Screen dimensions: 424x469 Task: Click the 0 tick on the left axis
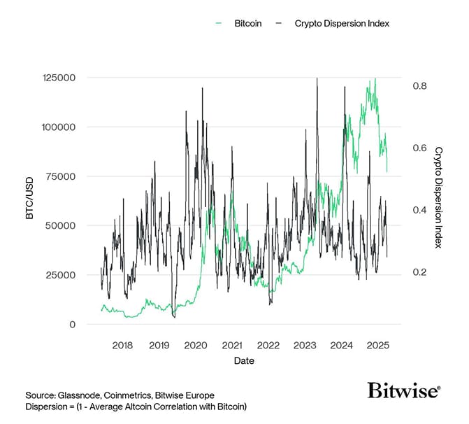[x=72, y=324]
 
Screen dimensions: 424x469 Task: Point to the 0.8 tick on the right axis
[x=419, y=86]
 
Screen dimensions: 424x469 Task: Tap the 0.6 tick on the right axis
[x=419, y=148]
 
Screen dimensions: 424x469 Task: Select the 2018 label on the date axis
[x=122, y=345]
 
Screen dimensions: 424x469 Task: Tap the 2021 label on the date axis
[x=232, y=345]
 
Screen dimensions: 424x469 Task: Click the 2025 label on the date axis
[x=377, y=345]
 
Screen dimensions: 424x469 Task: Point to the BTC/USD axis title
[x=29, y=201]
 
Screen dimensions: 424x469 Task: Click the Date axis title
[x=244, y=361]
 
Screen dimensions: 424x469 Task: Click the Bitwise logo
[x=404, y=390]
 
